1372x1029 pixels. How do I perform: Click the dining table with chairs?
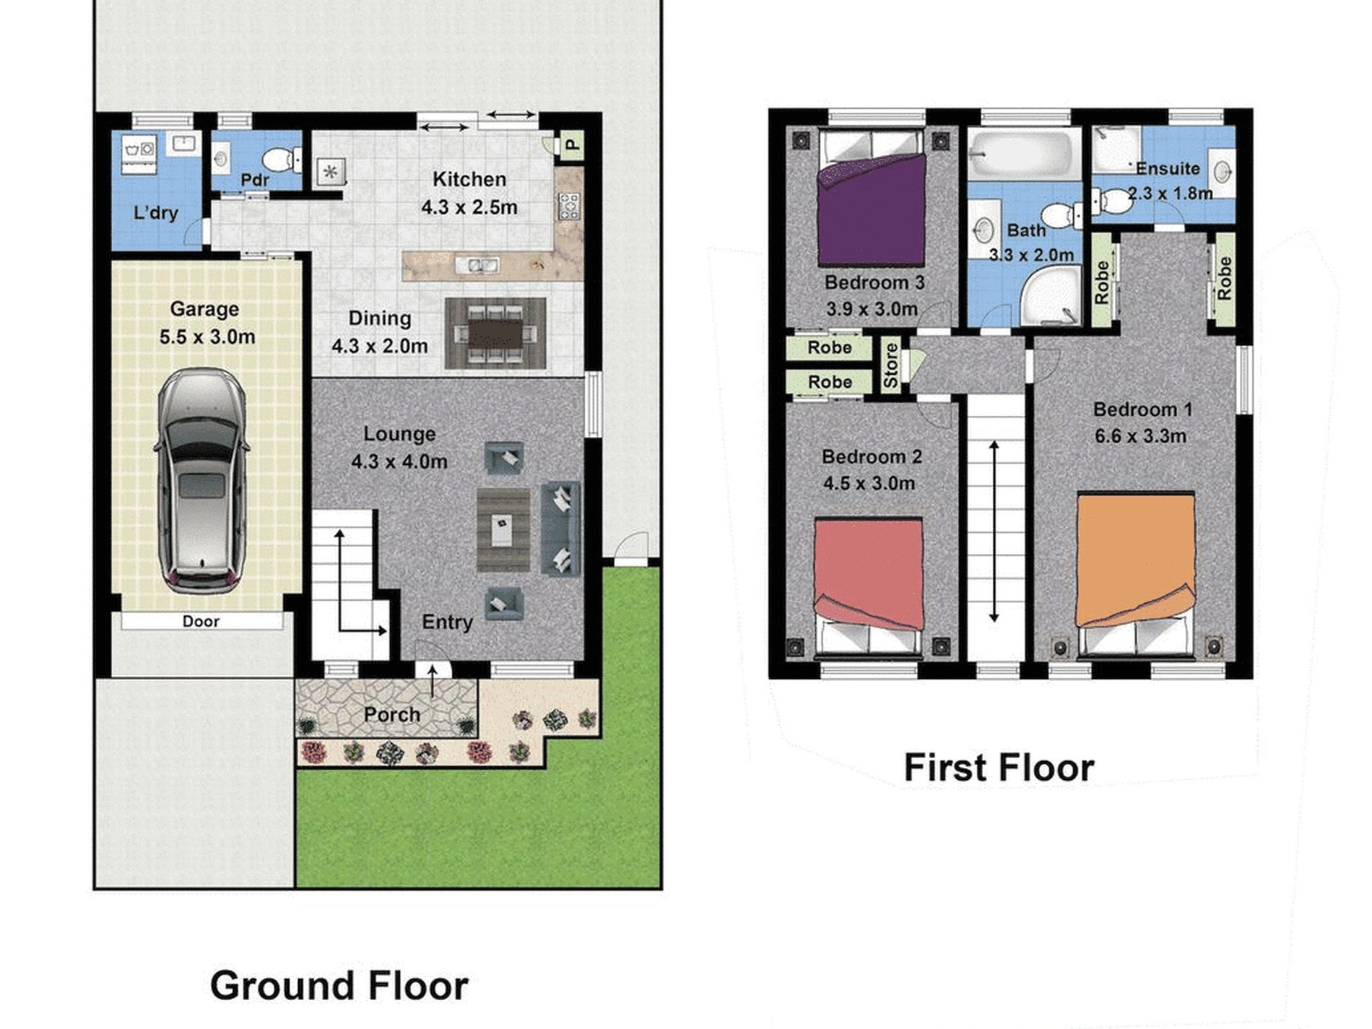pos(495,334)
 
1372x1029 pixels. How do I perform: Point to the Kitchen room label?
pos(469,179)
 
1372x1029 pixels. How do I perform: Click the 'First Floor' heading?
pos(999,767)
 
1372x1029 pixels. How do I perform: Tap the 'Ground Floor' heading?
pos(339,986)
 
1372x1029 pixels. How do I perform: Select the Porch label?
pos(391,715)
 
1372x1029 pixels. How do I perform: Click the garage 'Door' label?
pos(201,622)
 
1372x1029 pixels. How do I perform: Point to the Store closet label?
pos(890,365)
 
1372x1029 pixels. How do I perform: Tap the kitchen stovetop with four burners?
pos(568,207)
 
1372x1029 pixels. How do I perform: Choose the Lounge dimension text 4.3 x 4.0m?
pos(399,461)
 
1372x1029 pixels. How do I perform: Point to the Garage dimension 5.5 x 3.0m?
pos(207,337)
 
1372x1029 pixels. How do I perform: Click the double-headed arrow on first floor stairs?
pos(994,531)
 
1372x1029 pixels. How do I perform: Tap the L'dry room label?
pos(156,213)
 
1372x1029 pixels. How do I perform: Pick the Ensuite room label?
pos(1168,168)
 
